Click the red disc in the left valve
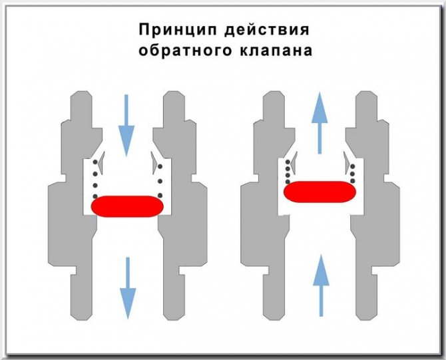tap(126, 205)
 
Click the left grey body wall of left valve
tap(73, 200)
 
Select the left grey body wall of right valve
tap(263, 200)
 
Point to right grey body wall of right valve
tap(373, 200)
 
